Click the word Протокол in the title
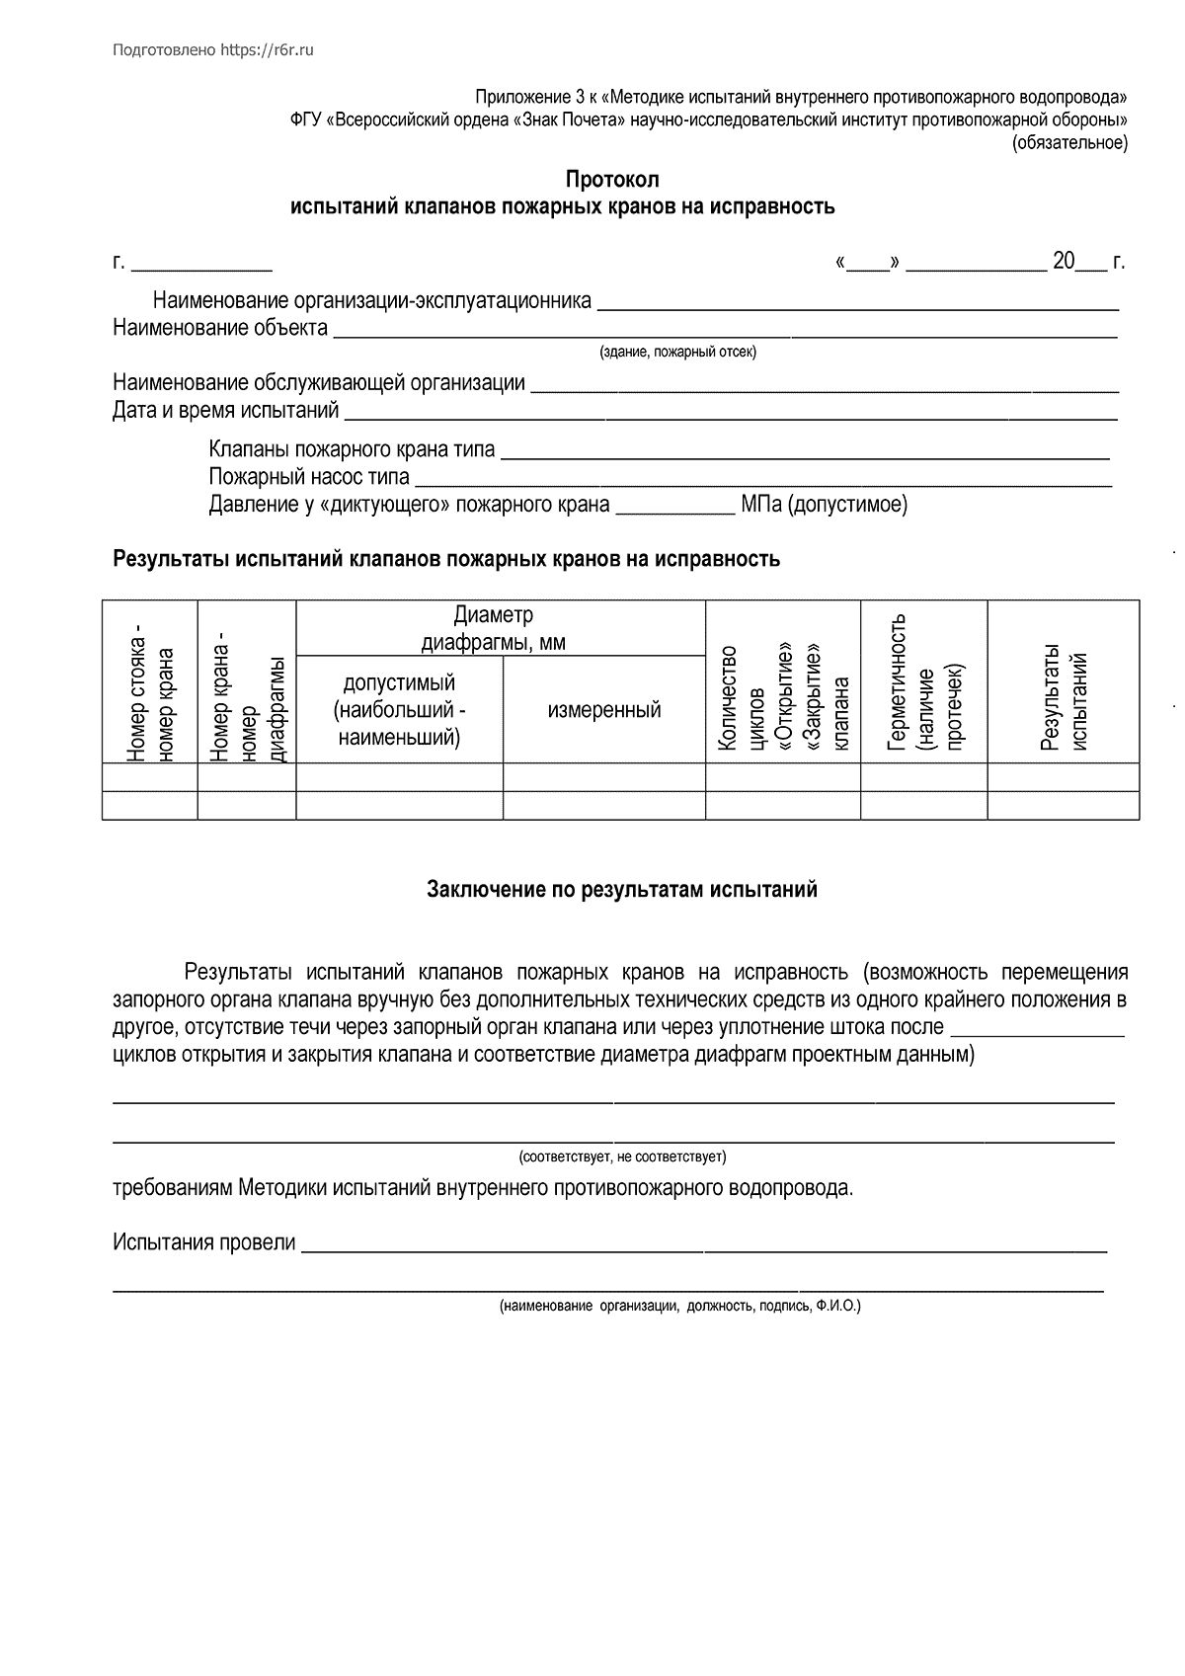611,180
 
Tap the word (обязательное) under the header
1068,144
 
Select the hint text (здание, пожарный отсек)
678,353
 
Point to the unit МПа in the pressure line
760,505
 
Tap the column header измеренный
604,709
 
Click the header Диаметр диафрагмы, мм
494,629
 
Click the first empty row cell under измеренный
604,777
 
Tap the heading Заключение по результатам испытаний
622,890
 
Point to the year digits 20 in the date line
1064,262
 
